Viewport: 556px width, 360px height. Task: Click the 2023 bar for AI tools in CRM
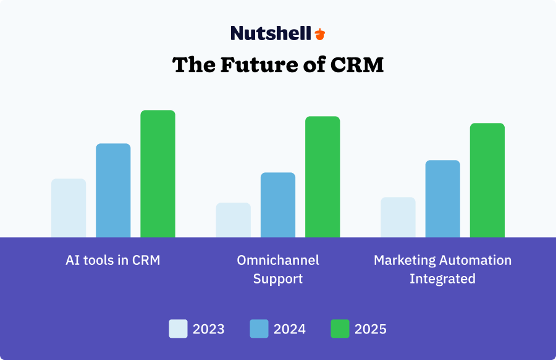point(69,208)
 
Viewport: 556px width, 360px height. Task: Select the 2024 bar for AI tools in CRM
point(113,190)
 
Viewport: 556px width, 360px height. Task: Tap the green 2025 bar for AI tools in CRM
point(158,174)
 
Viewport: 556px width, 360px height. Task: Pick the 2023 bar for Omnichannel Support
point(234,220)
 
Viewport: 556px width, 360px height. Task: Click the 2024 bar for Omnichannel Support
point(278,205)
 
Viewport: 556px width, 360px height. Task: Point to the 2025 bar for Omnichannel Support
point(322,177)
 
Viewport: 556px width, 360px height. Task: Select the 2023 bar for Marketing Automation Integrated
point(398,217)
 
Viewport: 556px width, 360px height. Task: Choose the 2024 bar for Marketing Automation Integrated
point(442,199)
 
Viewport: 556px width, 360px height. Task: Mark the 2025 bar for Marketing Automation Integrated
point(487,180)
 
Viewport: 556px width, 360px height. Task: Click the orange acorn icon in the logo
point(319,34)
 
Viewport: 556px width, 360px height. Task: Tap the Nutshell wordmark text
point(271,33)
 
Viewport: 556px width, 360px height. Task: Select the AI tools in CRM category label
point(113,260)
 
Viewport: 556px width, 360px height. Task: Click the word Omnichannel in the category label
point(278,260)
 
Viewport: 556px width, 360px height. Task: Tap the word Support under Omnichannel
point(278,278)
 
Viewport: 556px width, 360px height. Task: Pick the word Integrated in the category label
point(442,278)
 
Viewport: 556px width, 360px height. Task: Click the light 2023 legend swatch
point(179,329)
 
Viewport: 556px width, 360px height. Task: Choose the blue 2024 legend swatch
point(259,329)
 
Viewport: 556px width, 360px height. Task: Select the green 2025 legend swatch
point(340,329)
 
